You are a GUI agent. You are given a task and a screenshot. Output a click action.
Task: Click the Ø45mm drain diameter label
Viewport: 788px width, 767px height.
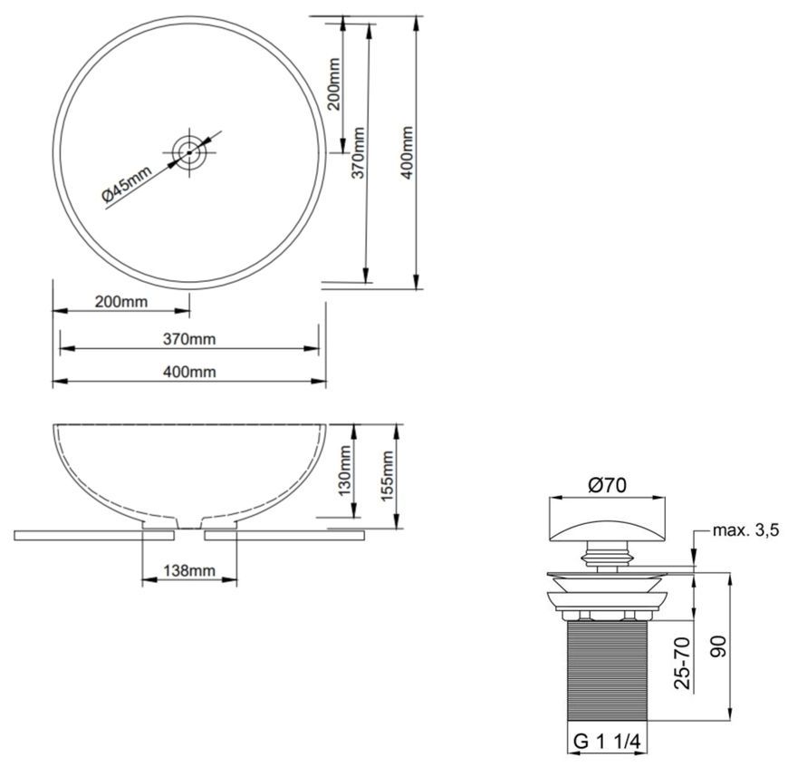[x=127, y=184]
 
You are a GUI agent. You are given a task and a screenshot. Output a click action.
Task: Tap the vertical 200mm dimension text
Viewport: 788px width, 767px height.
[x=333, y=84]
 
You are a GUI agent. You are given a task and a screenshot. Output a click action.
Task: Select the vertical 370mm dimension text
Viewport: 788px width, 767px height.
[x=357, y=152]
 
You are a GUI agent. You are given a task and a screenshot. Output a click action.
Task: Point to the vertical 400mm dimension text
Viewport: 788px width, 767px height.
[x=406, y=152]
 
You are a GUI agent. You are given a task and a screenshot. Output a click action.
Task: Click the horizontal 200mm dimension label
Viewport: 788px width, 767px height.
[x=121, y=302]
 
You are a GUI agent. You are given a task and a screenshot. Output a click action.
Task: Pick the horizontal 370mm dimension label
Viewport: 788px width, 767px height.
[x=189, y=339]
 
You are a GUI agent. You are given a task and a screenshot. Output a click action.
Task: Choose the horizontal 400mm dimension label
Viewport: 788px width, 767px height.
[x=189, y=373]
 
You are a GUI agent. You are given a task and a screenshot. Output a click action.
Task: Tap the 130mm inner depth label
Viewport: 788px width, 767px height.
[x=344, y=471]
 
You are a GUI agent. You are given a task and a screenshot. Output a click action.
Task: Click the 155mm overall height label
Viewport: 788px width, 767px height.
[x=387, y=476]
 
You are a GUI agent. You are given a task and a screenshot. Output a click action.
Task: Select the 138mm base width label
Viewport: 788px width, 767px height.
[x=189, y=570]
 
